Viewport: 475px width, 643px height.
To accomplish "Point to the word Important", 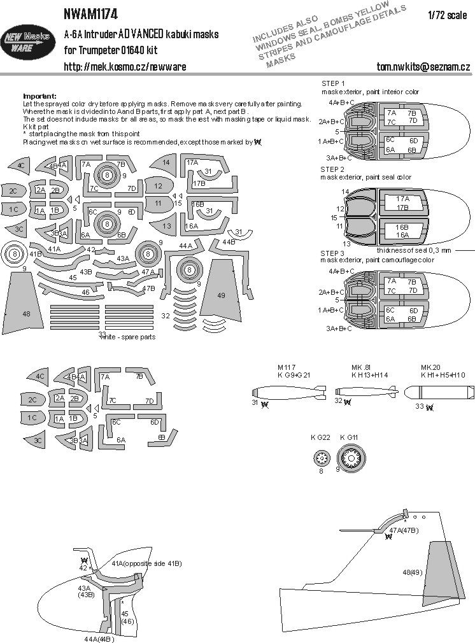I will click(x=39, y=95).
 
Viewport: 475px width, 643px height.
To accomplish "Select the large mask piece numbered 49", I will click(x=222, y=287).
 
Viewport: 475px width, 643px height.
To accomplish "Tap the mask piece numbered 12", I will click(x=159, y=186).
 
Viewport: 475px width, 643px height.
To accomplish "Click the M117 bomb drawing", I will click(x=284, y=392).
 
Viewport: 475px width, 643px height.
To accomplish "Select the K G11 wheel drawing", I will click(x=350, y=457).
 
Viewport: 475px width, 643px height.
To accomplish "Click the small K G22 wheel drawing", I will click(x=321, y=457).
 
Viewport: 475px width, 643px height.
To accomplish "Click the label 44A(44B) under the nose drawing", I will click(x=99, y=639).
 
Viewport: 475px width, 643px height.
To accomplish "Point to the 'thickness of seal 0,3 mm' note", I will click(x=413, y=250).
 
